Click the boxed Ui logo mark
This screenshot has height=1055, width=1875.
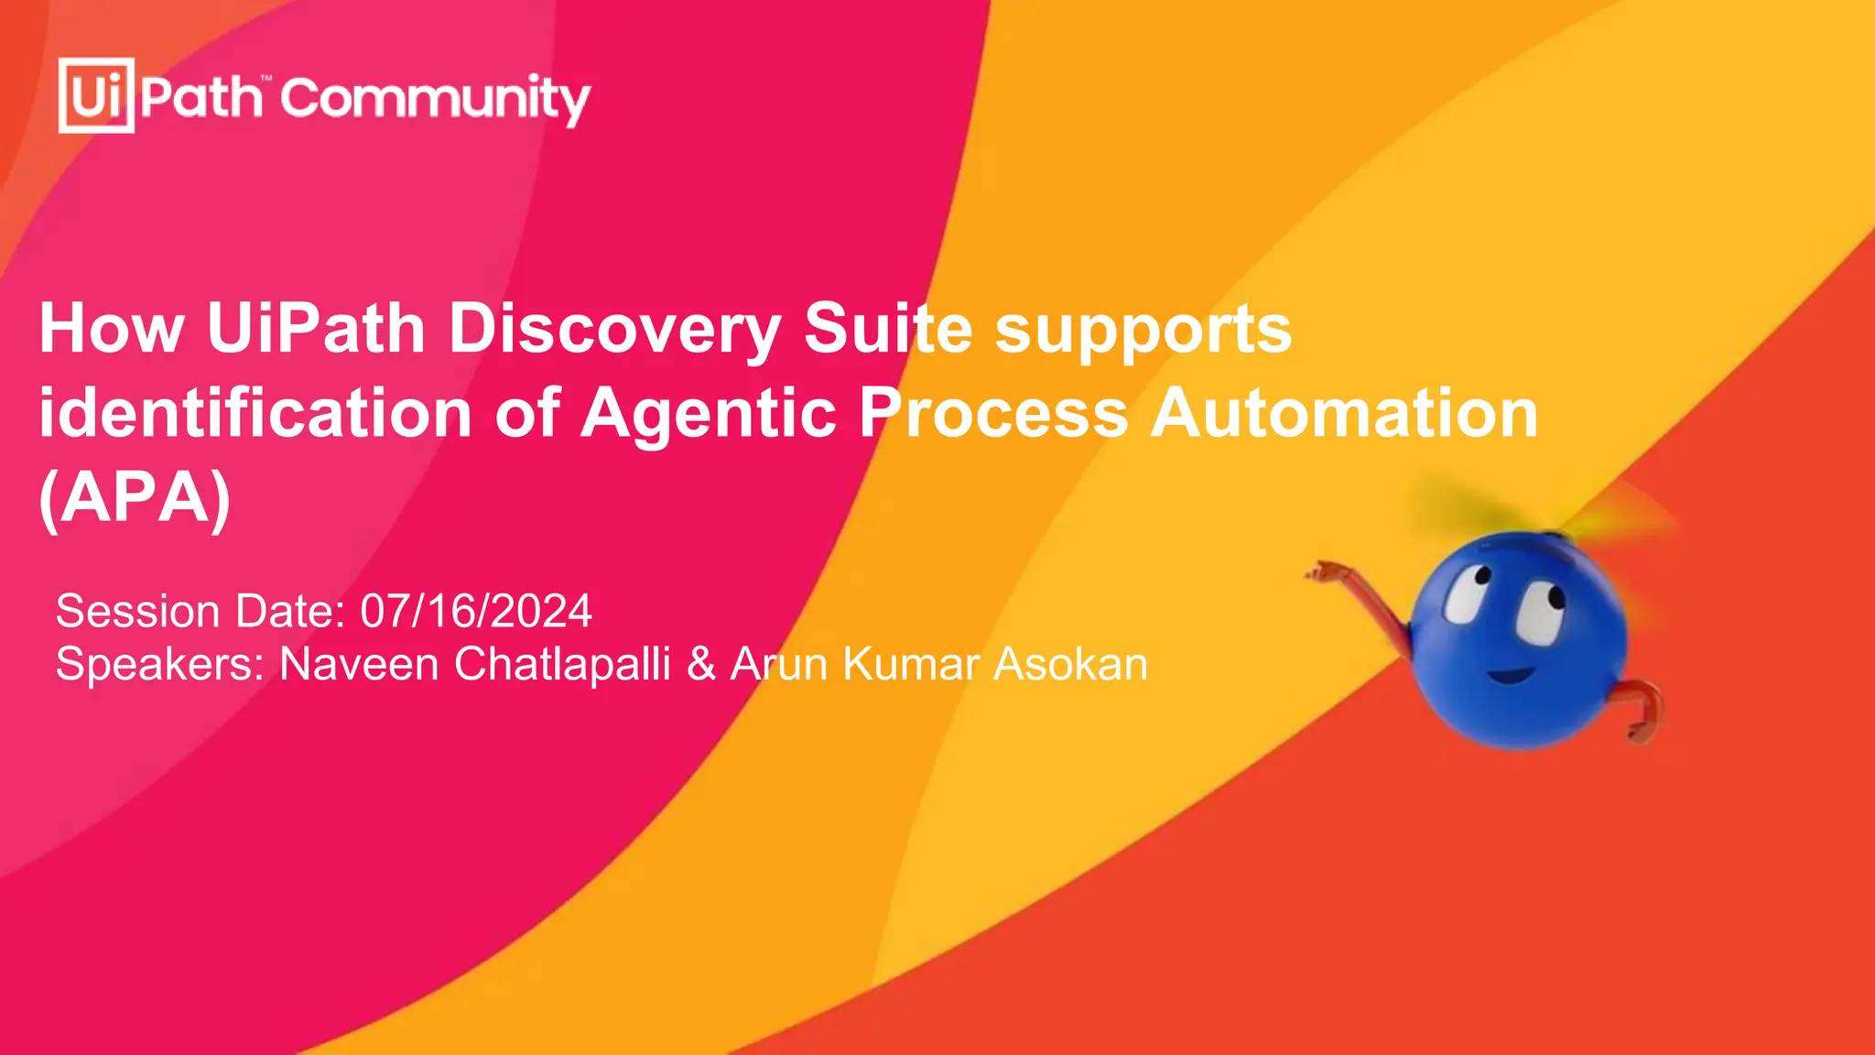(x=96, y=95)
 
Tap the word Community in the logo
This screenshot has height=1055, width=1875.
(x=436, y=99)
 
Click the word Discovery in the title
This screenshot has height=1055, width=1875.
(x=614, y=329)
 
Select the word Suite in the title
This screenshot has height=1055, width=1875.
(x=888, y=329)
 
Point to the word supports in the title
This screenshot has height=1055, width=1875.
(x=1143, y=332)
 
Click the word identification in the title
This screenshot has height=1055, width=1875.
(x=255, y=413)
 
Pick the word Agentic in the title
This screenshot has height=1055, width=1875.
(x=709, y=415)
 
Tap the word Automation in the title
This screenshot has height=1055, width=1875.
(x=1344, y=413)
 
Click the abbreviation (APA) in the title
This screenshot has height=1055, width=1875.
(x=135, y=498)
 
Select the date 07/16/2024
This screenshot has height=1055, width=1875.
(x=476, y=611)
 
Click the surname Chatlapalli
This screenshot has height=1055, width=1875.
(x=562, y=664)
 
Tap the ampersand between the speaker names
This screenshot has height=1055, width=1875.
(x=701, y=664)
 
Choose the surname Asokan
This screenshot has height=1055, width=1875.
(x=1070, y=664)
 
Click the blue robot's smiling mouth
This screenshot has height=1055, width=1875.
(x=1510, y=676)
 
